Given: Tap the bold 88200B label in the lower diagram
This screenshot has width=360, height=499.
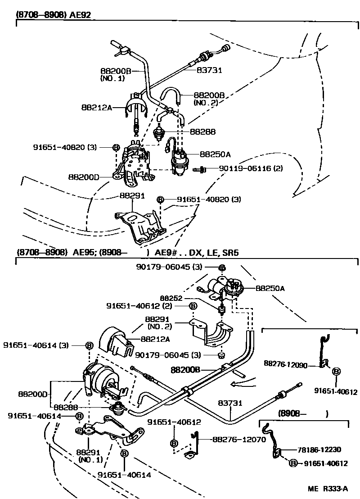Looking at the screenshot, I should tap(185, 370).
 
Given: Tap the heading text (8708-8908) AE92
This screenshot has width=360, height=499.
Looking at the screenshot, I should tap(54, 14).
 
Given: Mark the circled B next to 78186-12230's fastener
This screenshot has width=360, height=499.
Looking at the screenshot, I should tap(293, 463).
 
